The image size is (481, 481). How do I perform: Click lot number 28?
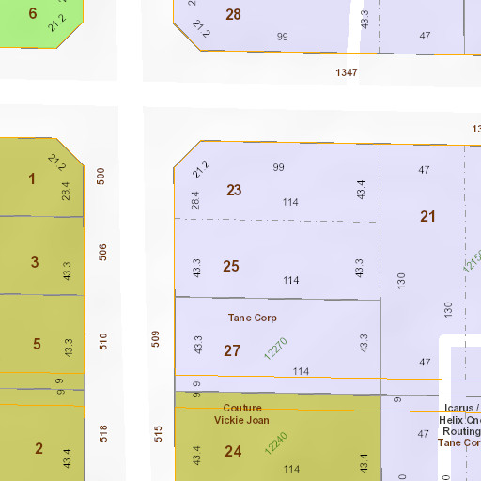233,14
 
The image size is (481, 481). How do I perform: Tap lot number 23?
234,190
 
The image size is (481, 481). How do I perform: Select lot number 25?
231,266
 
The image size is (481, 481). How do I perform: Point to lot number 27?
232,350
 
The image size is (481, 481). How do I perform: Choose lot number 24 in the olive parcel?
233,451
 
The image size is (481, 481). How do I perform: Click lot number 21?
428,216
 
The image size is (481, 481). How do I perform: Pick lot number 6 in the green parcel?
33,13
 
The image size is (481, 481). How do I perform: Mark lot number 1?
32,178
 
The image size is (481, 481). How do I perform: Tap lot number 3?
35,262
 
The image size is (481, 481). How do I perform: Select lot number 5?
37,344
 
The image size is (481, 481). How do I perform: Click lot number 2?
39,448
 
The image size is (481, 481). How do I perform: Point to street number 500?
101,176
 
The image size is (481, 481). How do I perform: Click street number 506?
103,252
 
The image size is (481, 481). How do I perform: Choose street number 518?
104,432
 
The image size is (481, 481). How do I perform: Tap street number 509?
156,338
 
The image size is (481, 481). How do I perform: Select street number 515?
159,432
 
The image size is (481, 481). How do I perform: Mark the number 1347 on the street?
349,71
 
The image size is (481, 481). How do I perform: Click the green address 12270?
275,349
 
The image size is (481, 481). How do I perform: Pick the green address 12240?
276,443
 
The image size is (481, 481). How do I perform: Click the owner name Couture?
242,408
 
